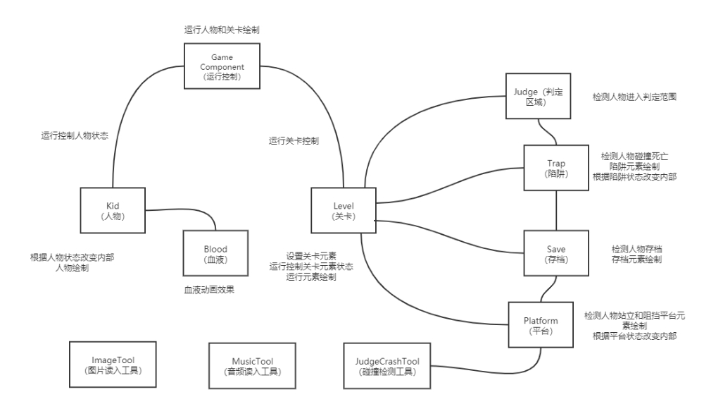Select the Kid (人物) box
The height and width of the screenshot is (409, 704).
pos(113,209)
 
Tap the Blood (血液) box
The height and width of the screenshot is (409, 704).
pos(215,253)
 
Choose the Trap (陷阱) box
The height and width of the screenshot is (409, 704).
pos(556,168)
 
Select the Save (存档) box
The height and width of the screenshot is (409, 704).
pos(556,253)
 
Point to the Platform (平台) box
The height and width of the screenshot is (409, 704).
pos(541,325)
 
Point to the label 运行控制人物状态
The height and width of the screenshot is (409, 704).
pos(75,135)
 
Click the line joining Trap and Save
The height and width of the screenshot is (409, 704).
pos(556,211)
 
